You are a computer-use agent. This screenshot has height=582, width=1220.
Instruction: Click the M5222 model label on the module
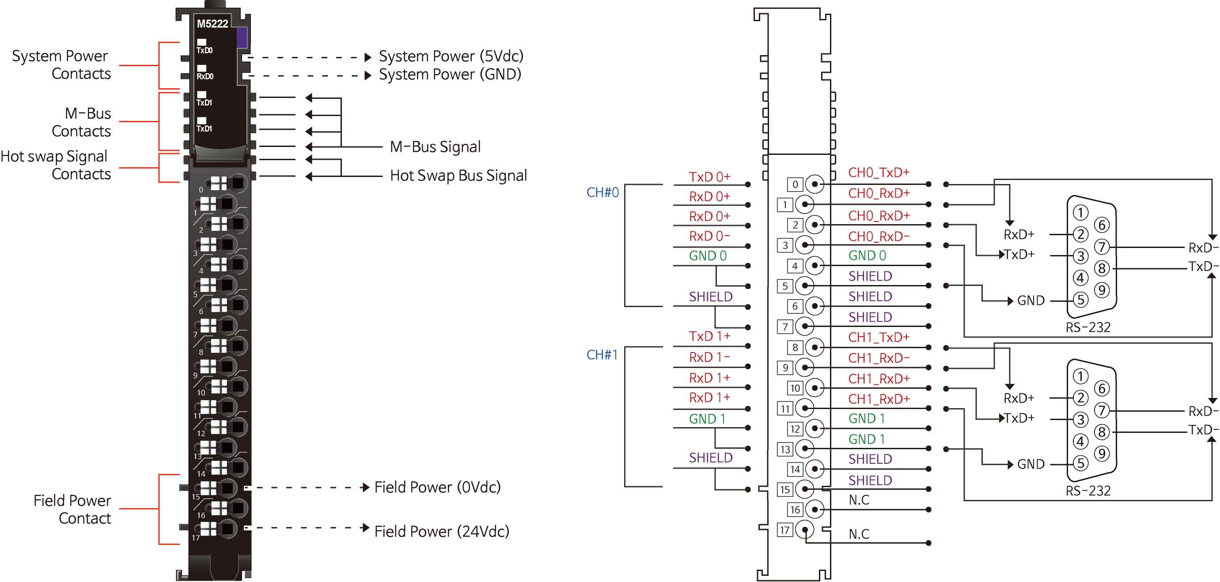212,24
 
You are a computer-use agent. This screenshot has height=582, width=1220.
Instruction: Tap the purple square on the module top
242,38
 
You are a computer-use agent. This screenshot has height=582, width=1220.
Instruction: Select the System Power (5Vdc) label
451,56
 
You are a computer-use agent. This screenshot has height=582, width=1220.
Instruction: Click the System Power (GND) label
450,74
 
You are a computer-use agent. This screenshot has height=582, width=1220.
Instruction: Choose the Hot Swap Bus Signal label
458,176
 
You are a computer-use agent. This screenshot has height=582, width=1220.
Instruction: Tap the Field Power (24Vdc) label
441,531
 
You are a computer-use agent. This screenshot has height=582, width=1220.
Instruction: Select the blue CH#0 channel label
602,192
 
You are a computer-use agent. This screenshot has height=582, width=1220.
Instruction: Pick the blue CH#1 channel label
602,355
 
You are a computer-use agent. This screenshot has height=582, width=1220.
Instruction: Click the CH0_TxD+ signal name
879,173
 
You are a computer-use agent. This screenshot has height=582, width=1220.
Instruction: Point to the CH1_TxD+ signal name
879,338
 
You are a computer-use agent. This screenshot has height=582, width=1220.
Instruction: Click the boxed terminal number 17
785,530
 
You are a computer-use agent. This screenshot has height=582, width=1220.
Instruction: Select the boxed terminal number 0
795,184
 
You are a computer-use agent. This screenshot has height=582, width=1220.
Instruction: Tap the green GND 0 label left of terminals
708,256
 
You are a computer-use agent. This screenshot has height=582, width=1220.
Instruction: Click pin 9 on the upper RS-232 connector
1102,290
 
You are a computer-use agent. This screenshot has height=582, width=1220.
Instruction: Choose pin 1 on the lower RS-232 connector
1080,377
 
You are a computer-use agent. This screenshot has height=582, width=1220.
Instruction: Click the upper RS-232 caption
1088,327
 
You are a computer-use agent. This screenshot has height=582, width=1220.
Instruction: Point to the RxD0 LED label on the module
205,76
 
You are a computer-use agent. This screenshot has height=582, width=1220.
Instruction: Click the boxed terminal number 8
795,348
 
